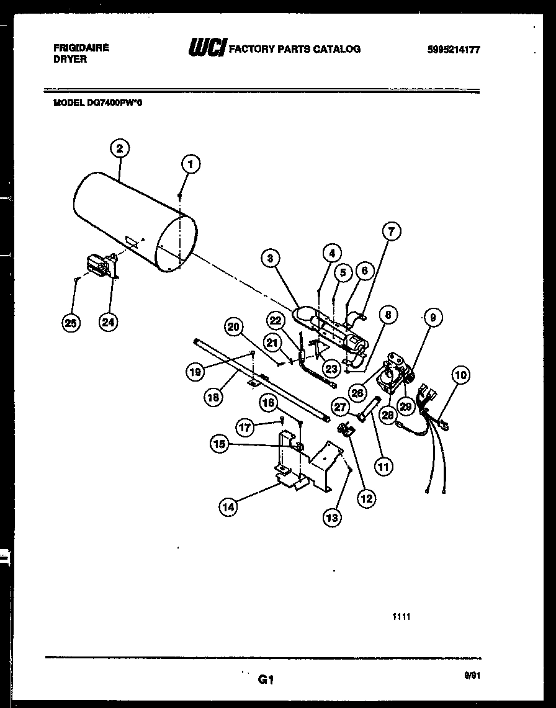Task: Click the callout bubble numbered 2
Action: click(x=119, y=148)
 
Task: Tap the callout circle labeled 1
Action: click(x=191, y=164)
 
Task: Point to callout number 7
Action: click(x=391, y=233)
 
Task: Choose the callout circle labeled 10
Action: click(x=460, y=375)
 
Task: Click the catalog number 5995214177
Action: click(x=454, y=50)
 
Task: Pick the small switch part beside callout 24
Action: click(x=100, y=265)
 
